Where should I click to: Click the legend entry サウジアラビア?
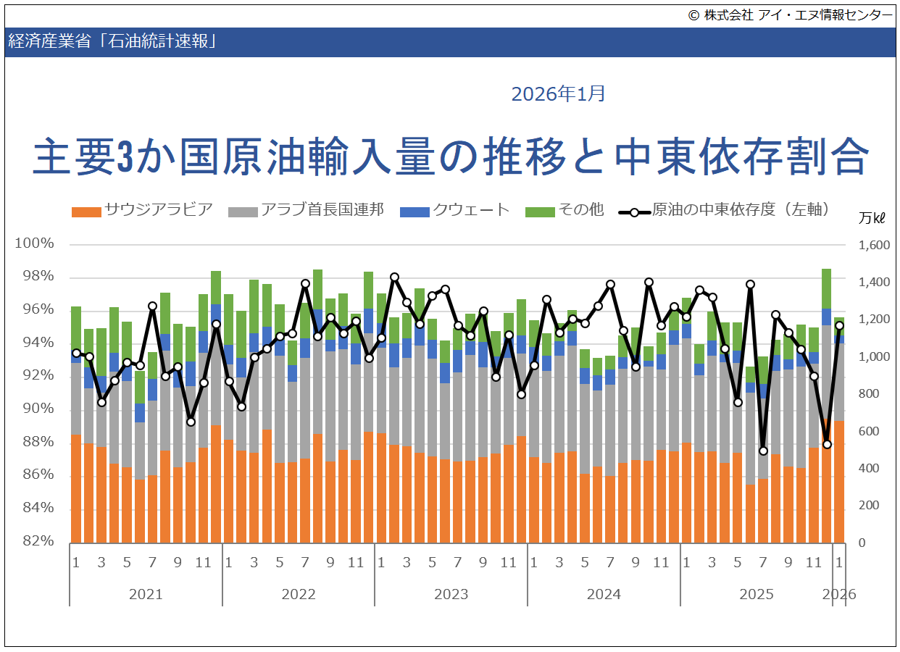tap(143, 211)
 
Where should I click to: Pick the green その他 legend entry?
tap(564, 211)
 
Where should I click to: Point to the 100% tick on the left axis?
tap(35, 243)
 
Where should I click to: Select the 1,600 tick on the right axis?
tap(873, 246)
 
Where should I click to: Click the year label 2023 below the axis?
tap(451, 594)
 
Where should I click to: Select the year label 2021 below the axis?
tap(146, 594)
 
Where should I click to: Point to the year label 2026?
tap(839, 594)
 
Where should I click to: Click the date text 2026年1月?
tap(558, 94)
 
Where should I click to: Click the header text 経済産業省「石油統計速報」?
tap(112, 41)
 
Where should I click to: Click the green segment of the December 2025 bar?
tap(826, 288)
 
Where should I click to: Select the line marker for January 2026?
tap(839, 325)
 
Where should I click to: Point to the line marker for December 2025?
tap(826, 444)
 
